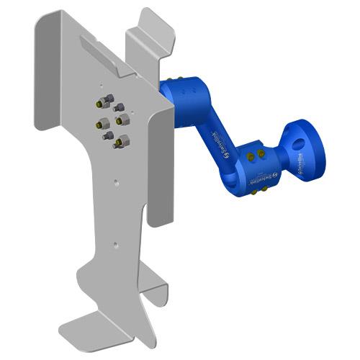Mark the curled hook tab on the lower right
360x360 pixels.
click(x=156, y=289)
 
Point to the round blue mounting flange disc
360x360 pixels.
click(x=305, y=145)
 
